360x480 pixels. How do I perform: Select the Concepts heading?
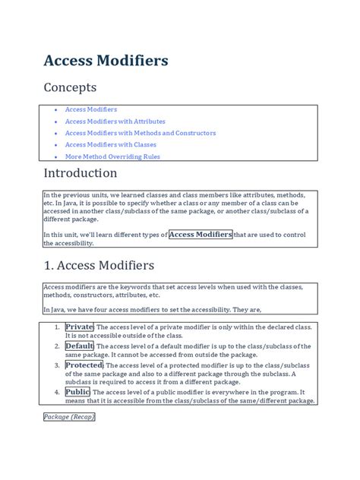click(x=70, y=88)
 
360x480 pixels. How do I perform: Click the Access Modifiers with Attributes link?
click(x=115, y=122)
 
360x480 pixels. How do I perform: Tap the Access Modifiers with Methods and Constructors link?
click(x=141, y=133)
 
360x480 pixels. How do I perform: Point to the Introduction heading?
click(x=90, y=174)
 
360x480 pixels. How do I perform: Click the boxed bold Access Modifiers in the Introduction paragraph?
click(x=201, y=235)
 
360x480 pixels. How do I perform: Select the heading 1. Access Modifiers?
click(x=99, y=266)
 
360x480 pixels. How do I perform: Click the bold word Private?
click(x=79, y=327)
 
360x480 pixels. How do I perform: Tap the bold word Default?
click(x=80, y=346)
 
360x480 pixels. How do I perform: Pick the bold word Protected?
click(x=84, y=365)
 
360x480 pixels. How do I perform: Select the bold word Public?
click(x=77, y=393)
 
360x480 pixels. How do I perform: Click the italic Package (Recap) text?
click(x=69, y=417)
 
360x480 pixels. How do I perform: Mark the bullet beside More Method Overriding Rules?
click(x=55, y=157)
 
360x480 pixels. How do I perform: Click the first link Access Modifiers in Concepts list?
click(x=91, y=109)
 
